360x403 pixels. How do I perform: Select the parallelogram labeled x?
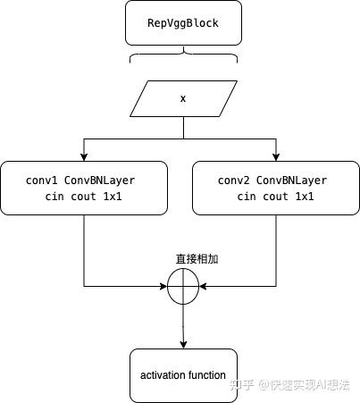click(x=183, y=98)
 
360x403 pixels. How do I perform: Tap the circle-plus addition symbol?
click(x=183, y=286)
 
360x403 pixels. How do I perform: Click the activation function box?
click(x=183, y=375)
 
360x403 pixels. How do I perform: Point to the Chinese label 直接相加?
click(x=197, y=259)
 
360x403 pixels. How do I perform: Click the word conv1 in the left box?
click(x=43, y=180)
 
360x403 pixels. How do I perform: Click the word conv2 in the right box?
click(x=234, y=180)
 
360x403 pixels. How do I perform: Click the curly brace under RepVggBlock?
click(x=183, y=58)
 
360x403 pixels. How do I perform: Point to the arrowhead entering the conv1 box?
click(x=84, y=156)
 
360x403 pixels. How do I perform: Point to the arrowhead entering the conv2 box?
click(x=275, y=156)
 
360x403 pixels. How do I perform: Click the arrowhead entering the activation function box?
click(x=183, y=344)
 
